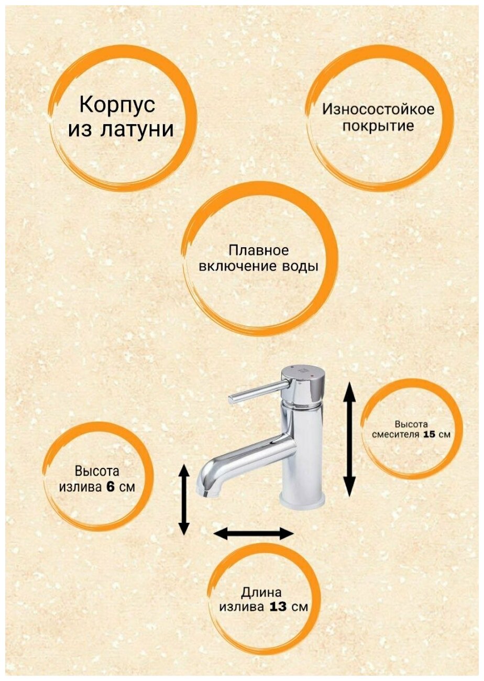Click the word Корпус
click(117, 105)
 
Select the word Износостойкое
click(378, 109)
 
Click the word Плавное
click(259, 250)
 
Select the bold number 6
click(111, 487)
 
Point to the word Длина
click(261, 593)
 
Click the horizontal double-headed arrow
click(254, 534)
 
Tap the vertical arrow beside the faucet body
click(349, 439)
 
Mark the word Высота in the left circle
click(97, 470)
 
